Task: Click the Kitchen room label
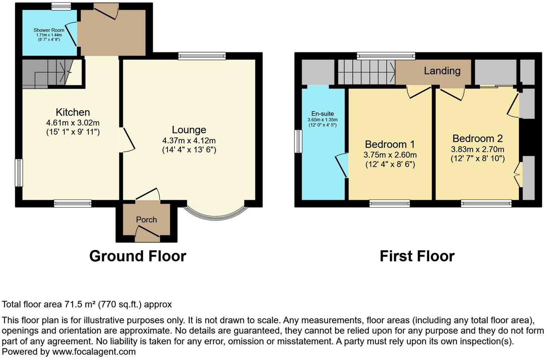click(x=73, y=112)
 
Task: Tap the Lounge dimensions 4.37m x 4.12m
click(x=189, y=141)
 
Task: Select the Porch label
click(x=146, y=219)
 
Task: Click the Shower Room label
click(x=49, y=30)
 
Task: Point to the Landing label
click(x=442, y=71)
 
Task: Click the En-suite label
click(x=323, y=114)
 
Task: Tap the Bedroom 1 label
click(x=390, y=144)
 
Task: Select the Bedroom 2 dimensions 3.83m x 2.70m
click(x=478, y=150)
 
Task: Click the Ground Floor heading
click(x=137, y=256)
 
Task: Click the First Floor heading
click(x=417, y=256)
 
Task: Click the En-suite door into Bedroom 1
click(x=342, y=165)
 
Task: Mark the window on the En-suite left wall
click(x=298, y=141)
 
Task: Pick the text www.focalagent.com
click(x=94, y=351)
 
